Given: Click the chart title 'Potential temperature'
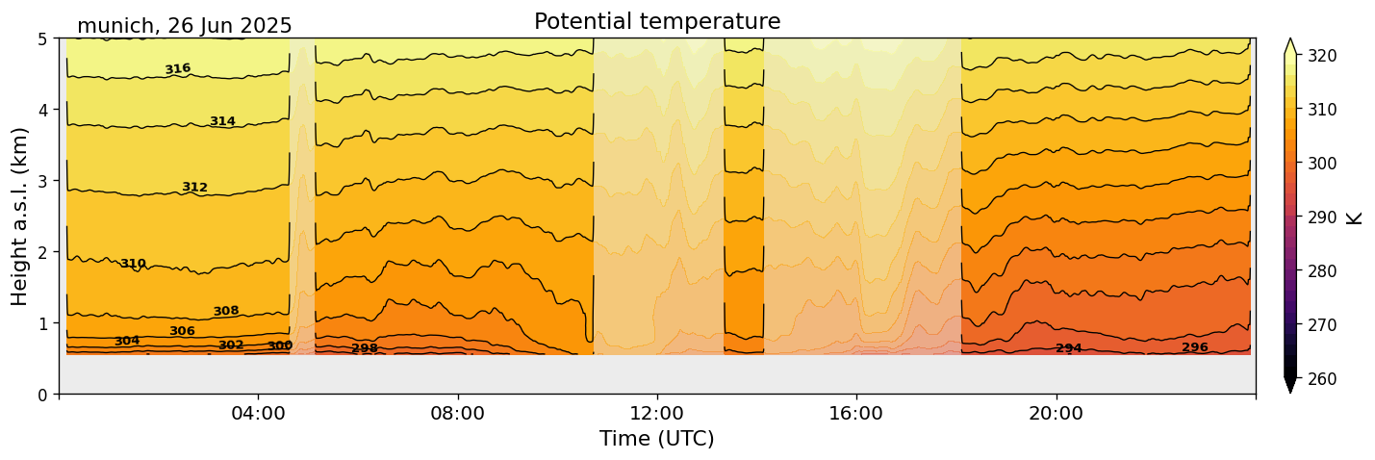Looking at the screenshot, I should [x=657, y=21].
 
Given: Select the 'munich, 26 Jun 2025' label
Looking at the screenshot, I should [x=184, y=26].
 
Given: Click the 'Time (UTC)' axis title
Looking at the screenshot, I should [x=657, y=439].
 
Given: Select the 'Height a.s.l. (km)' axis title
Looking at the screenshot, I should [x=20, y=216].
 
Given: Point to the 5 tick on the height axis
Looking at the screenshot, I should [x=43, y=38].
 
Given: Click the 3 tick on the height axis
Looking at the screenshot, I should [x=43, y=181].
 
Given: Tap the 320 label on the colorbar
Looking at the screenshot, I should [x=1321, y=56].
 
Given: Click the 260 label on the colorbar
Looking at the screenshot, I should [x=1321, y=379].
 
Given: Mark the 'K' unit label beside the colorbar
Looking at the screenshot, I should [x=1355, y=217].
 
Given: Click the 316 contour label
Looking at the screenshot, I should [x=177, y=69].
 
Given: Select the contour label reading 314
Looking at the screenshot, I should [x=222, y=121].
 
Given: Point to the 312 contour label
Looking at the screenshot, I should [x=194, y=188].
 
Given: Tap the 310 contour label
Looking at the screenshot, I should [x=133, y=264].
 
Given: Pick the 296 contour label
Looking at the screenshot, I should [x=1194, y=347].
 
